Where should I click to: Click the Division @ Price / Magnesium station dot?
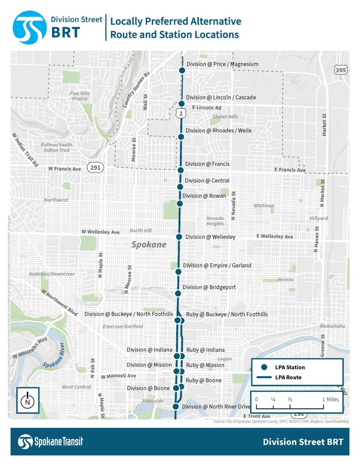pos(181,70)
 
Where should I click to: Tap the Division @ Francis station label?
pos(207,164)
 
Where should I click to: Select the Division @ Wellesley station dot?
pos(179,236)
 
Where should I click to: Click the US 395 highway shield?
pos(341,70)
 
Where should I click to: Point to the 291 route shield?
pos(95,168)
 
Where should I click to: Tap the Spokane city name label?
pos(148,245)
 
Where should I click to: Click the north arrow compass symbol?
pos(28,400)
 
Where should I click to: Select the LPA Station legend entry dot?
pos(264,367)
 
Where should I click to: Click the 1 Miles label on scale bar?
pos(330,400)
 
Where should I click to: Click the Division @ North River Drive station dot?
pos(176,407)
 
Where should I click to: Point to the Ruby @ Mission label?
pos(205,365)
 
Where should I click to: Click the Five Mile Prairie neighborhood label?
pos(80,96)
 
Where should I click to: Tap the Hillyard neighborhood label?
pos(318,219)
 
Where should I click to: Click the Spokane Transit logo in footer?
pos(50,442)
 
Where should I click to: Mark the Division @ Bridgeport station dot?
pos(178,293)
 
